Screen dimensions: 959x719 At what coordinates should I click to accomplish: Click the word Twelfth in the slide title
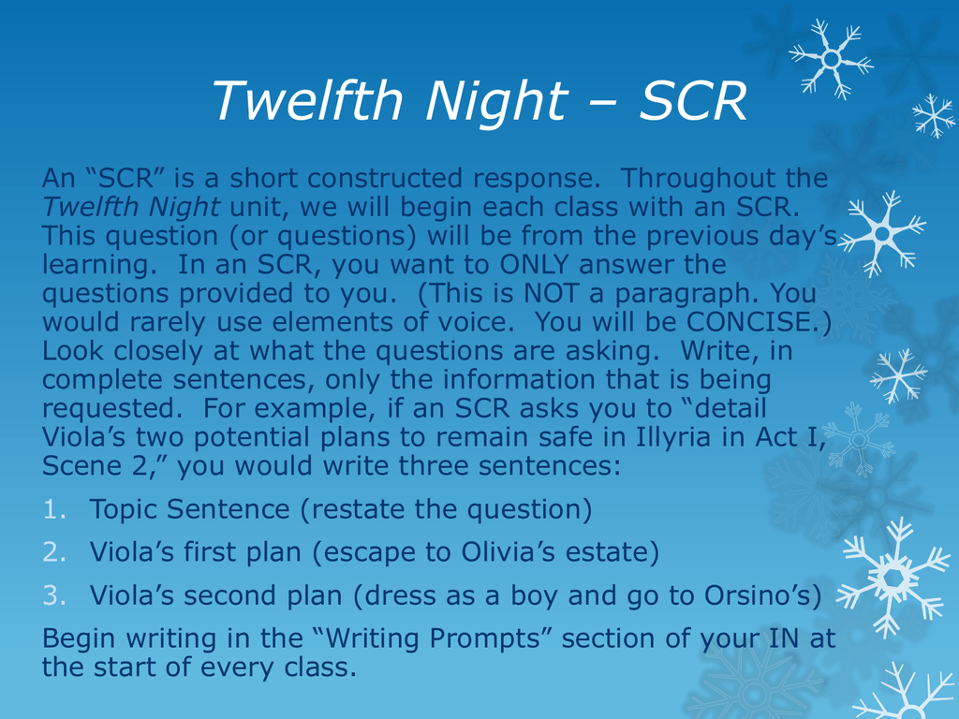tap(307, 100)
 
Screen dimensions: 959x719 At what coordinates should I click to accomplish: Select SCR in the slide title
tap(693, 101)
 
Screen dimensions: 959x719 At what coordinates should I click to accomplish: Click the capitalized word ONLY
tap(535, 265)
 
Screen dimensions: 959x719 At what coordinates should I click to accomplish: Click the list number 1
tap(54, 509)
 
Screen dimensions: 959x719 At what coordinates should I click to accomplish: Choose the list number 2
tap(54, 552)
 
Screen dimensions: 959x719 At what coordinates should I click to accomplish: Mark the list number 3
tap(54, 595)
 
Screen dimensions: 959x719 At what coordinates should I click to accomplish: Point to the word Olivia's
tap(508, 552)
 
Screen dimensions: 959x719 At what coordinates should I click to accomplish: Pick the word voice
tap(476, 322)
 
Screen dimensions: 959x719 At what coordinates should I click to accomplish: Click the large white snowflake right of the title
tap(832, 59)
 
